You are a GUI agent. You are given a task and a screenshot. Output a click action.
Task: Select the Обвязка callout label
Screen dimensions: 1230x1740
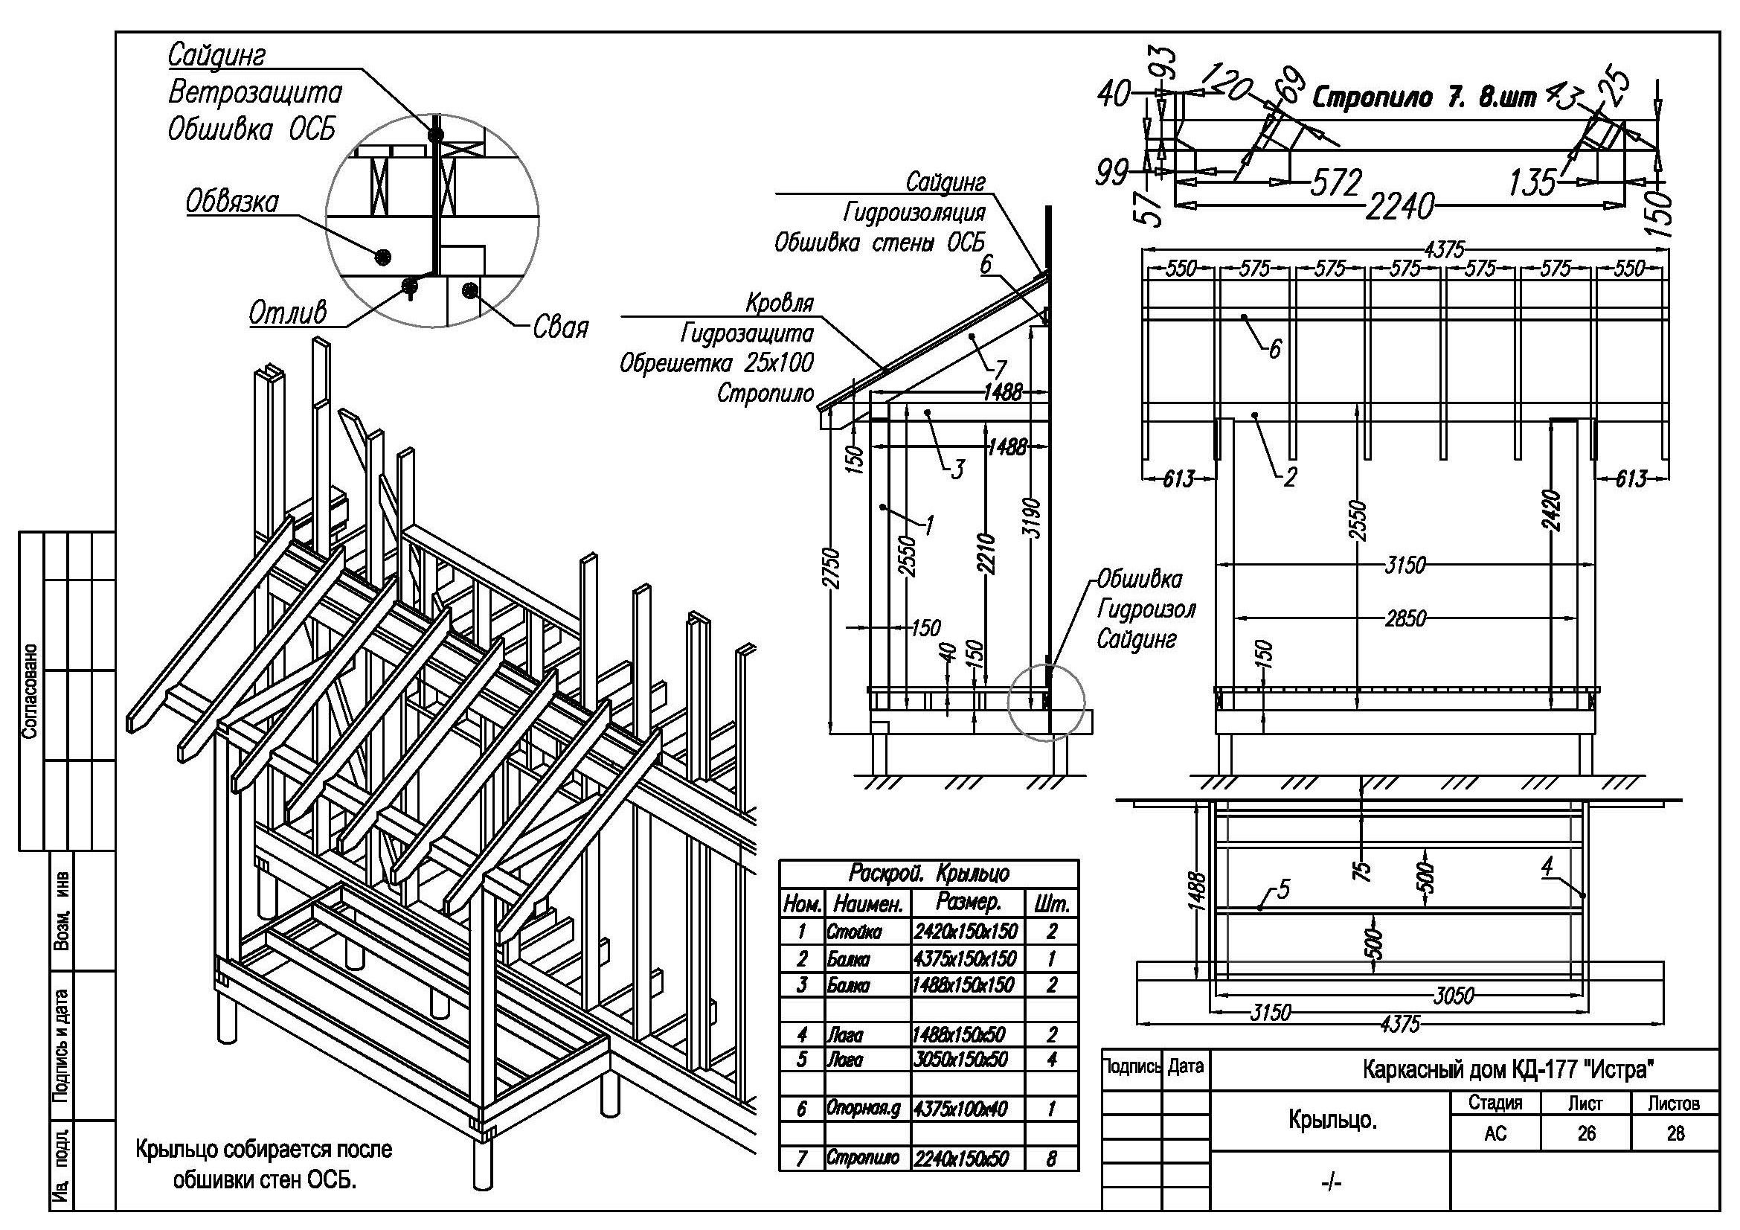[x=233, y=202]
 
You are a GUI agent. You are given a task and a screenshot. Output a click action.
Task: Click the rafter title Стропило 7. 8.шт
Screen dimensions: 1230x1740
[x=1424, y=97]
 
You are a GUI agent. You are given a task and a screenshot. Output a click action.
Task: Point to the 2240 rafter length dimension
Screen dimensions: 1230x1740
[x=1400, y=206]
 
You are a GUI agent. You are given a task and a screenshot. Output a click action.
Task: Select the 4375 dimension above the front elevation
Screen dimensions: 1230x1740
[x=1445, y=250]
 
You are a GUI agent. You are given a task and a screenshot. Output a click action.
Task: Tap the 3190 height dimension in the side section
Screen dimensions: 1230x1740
[x=1036, y=519]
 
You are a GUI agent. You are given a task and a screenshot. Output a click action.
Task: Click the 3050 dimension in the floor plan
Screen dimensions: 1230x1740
[x=1453, y=995]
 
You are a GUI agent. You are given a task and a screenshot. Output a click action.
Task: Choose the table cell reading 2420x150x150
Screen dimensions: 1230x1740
[x=965, y=931]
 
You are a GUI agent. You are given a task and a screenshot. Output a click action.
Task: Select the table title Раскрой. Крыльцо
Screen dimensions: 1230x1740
[x=928, y=873]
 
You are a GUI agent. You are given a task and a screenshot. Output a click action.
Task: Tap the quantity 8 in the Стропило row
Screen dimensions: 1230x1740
[x=1050, y=1159]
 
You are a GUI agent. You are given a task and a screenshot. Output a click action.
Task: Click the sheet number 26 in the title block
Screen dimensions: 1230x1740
[x=1586, y=1133]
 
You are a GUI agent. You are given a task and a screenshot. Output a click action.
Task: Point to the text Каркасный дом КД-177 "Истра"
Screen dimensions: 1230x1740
[x=1507, y=1069]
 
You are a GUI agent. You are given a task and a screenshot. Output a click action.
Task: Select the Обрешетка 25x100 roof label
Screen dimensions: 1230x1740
[x=716, y=363]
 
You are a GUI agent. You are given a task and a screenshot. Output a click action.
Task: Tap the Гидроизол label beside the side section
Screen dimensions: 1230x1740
[x=1146, y=610]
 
